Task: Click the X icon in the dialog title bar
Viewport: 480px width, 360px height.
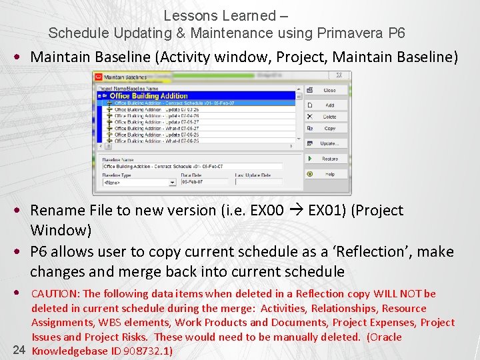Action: pyautogui.click(x=339, y=76)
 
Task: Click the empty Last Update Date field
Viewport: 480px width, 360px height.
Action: pyautogui.click(x=258, y=181)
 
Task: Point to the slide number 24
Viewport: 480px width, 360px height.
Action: pyautogui.click(x=19, y=350)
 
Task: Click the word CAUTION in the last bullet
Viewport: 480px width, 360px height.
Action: pyautogui.click(x=55, y=294)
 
